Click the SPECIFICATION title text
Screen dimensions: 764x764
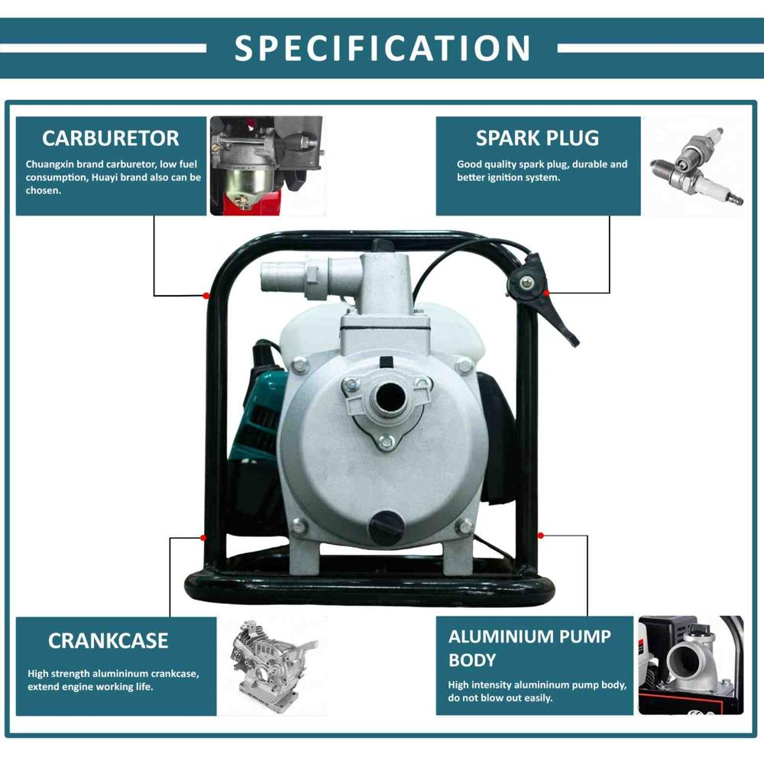click(x=383, y=47)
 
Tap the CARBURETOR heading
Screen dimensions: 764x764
click(x=111, y=138)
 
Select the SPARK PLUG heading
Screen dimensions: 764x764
click(x=537, y=138)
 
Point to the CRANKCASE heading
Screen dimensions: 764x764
click(x=108, y=640)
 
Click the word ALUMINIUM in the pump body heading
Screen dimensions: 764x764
click(x=503, y=636)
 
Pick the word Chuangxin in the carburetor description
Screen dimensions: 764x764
click(x=49, y=164)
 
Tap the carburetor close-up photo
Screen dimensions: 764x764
click(x=267, y=166)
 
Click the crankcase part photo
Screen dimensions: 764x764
click(x=273, y=665)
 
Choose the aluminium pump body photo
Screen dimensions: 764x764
click(x=691, y=665)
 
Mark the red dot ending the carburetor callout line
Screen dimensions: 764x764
click(x=206, y=295)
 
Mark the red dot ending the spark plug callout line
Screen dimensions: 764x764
click(x=547, y=293)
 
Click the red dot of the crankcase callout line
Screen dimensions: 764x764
click(x=203, y=538)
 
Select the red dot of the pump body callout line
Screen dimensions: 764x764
click(x=540, y=536)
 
